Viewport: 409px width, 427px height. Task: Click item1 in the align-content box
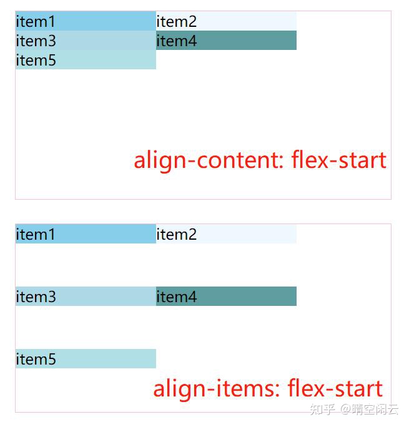pyautogui.click(x=86, y=21)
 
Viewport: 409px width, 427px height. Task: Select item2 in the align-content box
pyautogui.click(x=226, y=21)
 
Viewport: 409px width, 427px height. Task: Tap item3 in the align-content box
pyautogui.click(x=86, y=41)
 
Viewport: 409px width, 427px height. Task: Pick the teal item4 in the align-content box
pyautogui.click(x=226, y=41)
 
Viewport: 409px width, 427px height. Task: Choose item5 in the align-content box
pyautogui.click(x=86, y=60)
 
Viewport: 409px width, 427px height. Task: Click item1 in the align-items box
pyautogui.click(x=86, y=234)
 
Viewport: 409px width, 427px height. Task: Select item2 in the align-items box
pyautogui.click(x=226, y=234)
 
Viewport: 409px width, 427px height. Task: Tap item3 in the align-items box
pyautogui.click(x=86, y=297)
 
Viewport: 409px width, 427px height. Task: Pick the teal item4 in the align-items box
pyautogui.click(x=226, y=297)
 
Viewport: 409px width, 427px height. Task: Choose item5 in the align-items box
pyautogui.click(x=86, y=359)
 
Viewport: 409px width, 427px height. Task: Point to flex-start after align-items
pyautogui.click(x=335, y=389)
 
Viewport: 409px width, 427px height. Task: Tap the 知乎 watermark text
pyautogui.click(x=322, y=410)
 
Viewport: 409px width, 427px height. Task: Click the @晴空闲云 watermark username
pyautogui.click(x=369, y=410)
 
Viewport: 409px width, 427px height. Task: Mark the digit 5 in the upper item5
pyautogui.click(x=52, y=61)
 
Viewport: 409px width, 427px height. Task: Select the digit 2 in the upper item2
pyautogui.click(x=192, y=22)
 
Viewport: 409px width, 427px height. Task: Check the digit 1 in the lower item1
pyautogui.click(x=52, y=235)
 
